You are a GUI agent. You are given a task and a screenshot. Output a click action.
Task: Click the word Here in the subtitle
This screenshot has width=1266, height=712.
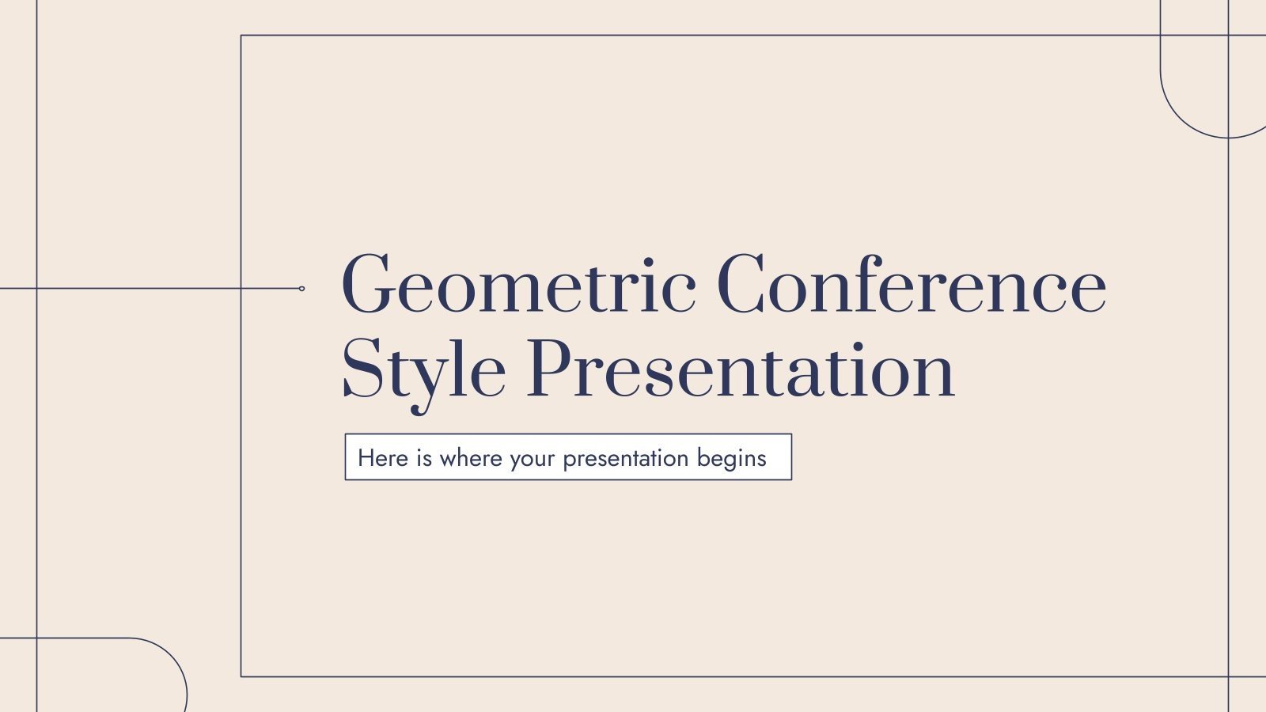tap(383, 458)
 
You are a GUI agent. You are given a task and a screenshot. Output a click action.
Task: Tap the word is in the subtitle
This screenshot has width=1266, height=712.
tap(424, 458)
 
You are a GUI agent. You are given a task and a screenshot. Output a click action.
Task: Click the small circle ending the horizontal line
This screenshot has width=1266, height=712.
tap(301, 289)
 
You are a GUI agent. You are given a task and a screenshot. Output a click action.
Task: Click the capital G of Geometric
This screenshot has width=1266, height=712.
tap(368, 285)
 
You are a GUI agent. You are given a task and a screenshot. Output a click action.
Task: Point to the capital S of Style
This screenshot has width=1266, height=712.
tap(362, 369)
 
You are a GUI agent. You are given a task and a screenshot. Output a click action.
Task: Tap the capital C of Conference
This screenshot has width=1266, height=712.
tap(743, 285)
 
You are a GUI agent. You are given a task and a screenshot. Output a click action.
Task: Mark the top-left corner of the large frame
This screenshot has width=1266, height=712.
tap(241, 36)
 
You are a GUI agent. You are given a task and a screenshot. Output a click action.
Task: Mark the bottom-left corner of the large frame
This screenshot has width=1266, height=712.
tap(241, 676)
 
